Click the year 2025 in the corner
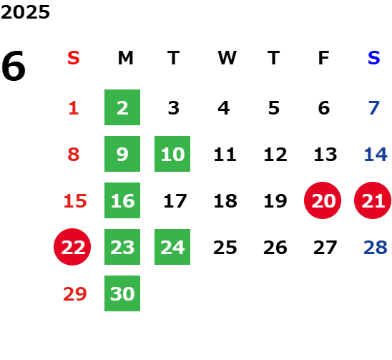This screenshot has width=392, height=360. pyautogui.click(x=25, y=12)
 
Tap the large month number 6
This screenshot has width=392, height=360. pyautogui.click(x=14, y=66)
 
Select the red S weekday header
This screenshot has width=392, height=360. pyautogui.click(x=74, y=58)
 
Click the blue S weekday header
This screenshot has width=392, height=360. pyautogui.click(x=373, y=58)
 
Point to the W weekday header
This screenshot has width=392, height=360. pyautogui.click(x=227, y=58)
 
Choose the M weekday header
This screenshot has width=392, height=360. pyautogui.click(x=125, y=58)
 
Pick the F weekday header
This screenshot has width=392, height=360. pyautogui.click(x=323, y=58)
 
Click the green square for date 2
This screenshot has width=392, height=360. pyautogui.click(x=122, y=107)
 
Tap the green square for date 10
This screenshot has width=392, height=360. pyautogui.click(x=172, y=154)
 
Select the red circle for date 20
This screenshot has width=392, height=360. pyautogui.click(x=323, y=200)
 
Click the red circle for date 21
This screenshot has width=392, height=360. pyautogui.click(x=373, y=200)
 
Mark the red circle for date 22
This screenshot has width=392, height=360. pyautogui.click(x=72, y=247)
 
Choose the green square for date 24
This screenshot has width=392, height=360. pyautogui.click(x=172, y=247)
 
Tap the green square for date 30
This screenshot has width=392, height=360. pyautogui.click(x=122, y=293)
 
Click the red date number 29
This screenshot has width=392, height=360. pyautogui.click(x=75, y=293)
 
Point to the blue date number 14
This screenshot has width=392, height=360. pyautogui.click(x=376, y=155)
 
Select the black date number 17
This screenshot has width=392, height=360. pyautogui.click(x=175, y=201)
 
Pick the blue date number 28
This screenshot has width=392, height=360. pyautogui.click(x=376, y=248)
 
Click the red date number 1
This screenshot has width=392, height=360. pyautogui.click(x=74, y=108)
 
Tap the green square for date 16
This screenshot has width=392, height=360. pyautogui.click(x=122, y=200)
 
